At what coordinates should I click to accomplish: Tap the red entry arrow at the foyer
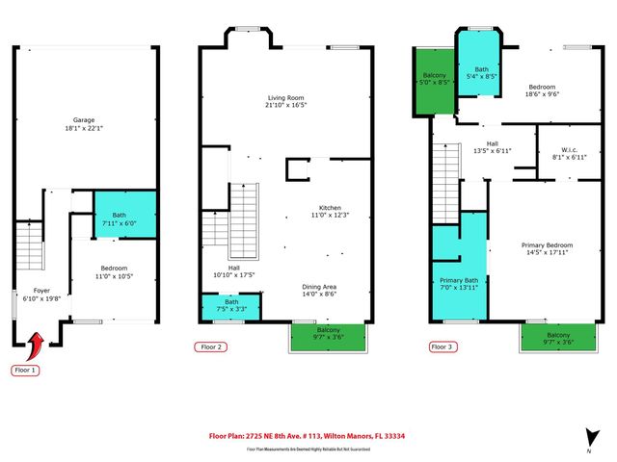pyautogui.click(x=38, y=342)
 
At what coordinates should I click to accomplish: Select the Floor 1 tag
pyautogui.click(x=25, y=370)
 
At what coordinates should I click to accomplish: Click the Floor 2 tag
pyautogui.click(x=210, y=346)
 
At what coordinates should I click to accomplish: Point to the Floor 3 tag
pyautogui.click(x=441, y=346)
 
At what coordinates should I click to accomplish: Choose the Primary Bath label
pyautogui.click(x=460, y=280)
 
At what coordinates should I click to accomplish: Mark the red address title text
pyautogui.click(x=308, y=434)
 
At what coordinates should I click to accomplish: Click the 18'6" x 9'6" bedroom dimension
pyautogui.click(x=541, y=94)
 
